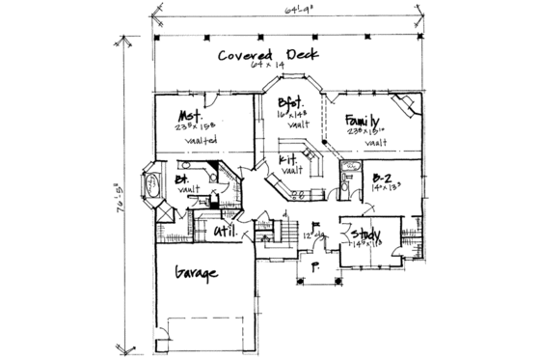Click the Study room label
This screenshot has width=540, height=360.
point(369,235)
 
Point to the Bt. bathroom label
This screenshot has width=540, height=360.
point(181,180)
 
